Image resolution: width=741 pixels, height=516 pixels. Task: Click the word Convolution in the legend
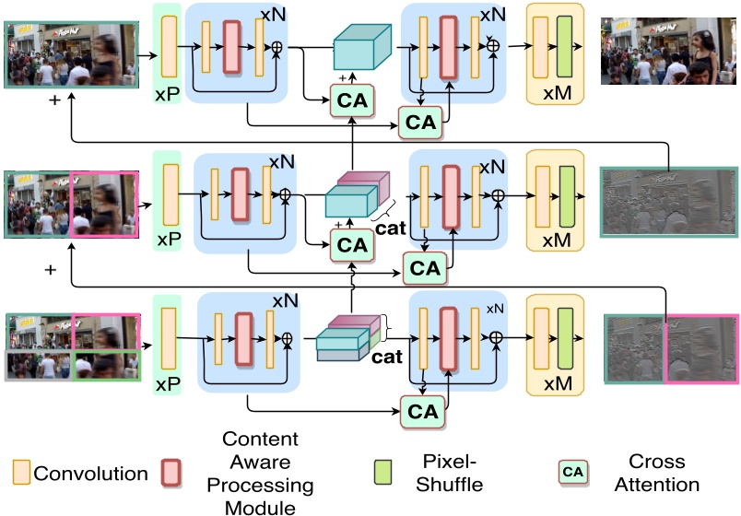click(x=90, y=474)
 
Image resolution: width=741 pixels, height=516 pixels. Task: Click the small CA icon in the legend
click(x=573, y=472)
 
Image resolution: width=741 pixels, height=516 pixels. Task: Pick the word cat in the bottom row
click(x=387, y=355)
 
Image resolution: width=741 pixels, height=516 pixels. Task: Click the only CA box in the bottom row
click(x=424, y=412)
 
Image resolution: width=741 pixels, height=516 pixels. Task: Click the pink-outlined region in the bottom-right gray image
click(x=701, y=349)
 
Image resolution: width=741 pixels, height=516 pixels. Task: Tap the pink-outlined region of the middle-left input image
click(x=104, y=204)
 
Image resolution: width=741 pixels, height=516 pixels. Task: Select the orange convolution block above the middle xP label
click(x=170, y=194)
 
